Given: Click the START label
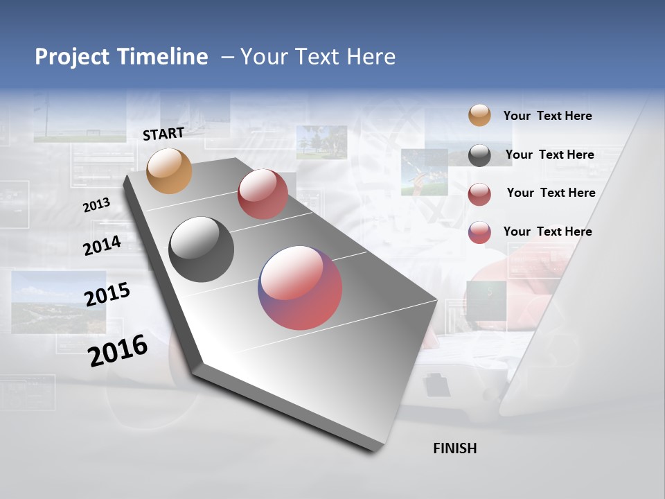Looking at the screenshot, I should pyautogui.click(x=163, y=134).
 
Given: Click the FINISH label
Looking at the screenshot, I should pyautogui.click(x=455, y=448).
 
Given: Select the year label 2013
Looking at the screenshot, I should pyautogui.click(x=97, y=205).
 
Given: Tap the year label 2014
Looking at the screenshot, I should pyautogui.click(x=103, y=245).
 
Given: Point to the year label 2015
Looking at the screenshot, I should pyautogui.click(x=107, y=295).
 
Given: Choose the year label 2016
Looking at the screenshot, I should pyautogui.click(x=118, y=351).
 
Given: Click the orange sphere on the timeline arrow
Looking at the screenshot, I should pyautogui.click(x=170, y=170).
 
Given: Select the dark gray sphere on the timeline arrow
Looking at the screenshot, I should pyautogui.click(x=202, y=249).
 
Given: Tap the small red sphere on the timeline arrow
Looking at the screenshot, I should pyautogui.click(x=263, y=194).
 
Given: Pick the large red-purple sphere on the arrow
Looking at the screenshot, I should pyautogui.click(x=300, y=288).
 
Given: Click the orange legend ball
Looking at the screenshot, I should pyautogui.click(x=479, y=116).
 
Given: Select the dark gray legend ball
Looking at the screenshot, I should pyautogui.click(x=479, y=155).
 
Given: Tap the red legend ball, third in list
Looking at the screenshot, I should pyautogui.click(x=479, y=194).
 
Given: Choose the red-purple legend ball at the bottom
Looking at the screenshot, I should pyautogui.click(x=479, y=232).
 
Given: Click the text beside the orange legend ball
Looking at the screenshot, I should pyautogui.click(x=548, y=116).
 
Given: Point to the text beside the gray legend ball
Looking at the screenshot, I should pyautogui.click(x=550, y=155).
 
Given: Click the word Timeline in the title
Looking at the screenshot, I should pyautogui.click(x=163, y=57).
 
